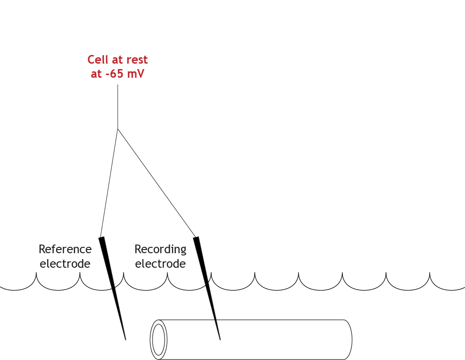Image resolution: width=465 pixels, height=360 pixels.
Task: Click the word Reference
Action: (x=65, y=250)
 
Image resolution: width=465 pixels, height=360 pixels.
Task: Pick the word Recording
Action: (x=160, y=250)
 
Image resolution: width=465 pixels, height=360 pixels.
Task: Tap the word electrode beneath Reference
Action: (x=65, y=264)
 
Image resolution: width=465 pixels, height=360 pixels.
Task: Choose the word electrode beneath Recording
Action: (x=160, y=264)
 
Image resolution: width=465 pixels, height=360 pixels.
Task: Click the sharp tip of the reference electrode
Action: (x=125, y=339)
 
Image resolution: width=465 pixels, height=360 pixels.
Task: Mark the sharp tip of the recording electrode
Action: (x=220, y=339)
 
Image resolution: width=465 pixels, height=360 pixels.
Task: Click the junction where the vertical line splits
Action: (x=118, y=129)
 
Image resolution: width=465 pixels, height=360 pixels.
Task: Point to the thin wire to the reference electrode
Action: (x=109, y=182)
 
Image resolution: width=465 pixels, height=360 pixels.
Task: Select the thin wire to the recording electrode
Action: (x=157, y=182)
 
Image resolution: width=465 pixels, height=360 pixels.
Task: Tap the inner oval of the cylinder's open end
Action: (x=158, y=339)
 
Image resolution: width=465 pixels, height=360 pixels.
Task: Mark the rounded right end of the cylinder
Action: (x=351, y=340)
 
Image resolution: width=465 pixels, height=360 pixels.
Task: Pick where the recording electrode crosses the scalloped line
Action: (x=208, y=285)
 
